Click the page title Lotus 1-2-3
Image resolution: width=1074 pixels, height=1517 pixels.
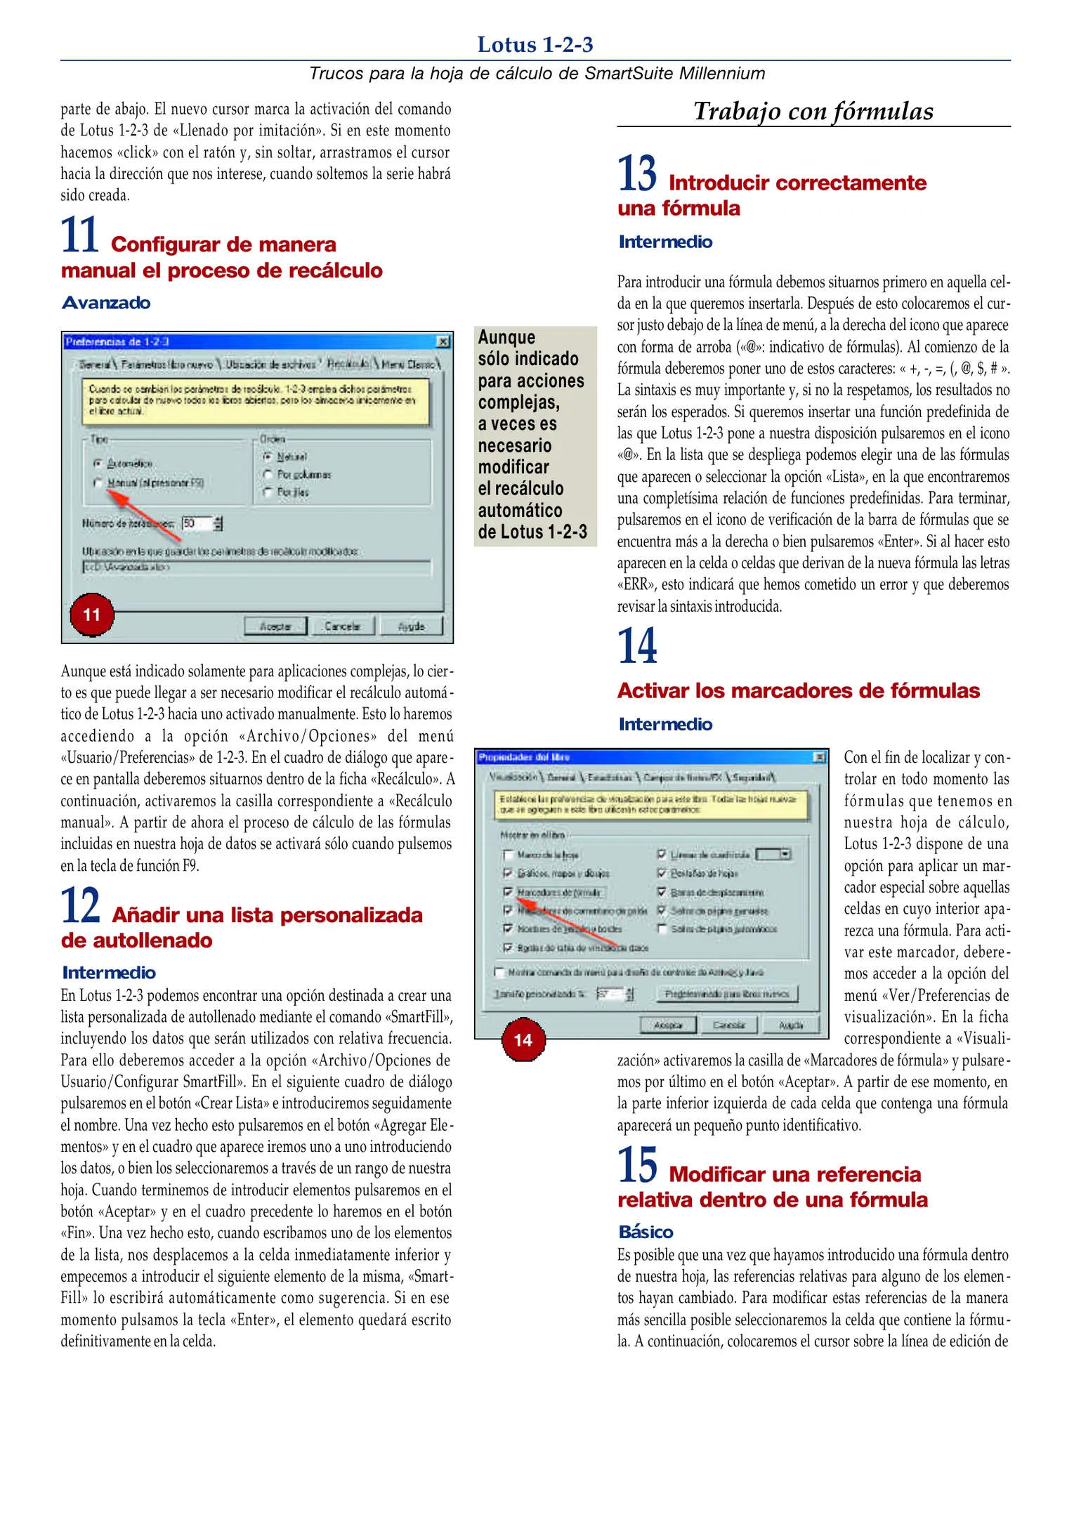tap(535, 45)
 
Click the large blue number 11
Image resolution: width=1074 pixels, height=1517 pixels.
tap(79, 235)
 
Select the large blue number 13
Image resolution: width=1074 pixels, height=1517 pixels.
tap(637, 173)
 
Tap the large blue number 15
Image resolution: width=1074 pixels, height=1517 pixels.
tap(637, 1165)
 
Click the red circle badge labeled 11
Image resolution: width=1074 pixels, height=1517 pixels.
tap(92, 615)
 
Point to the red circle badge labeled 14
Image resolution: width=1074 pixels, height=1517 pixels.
tap(523, 1040)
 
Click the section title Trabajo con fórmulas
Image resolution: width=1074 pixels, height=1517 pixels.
tap(813, 111)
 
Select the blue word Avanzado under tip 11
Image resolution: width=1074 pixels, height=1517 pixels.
tap(106, 303)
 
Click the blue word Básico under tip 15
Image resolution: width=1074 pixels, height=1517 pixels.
tap(646, 1232)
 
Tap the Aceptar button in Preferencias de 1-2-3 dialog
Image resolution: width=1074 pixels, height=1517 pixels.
tap(275, 626)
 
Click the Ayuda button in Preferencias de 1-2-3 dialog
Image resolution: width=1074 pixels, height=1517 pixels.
tap(412, 626)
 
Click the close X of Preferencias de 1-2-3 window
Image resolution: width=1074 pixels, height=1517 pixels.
tap(443, 342)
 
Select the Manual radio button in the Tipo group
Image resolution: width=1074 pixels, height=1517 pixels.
tap(98, 483)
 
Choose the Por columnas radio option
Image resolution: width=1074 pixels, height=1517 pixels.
tap(268, 475)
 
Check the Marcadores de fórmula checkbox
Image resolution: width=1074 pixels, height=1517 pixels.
tap(508, 892)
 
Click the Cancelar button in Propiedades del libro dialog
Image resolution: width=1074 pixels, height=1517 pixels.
tap(728, 1025)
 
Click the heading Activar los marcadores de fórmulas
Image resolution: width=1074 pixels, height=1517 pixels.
tap(798, 690)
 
